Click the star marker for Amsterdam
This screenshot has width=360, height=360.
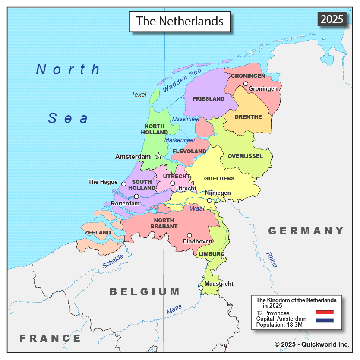tap(158, 156)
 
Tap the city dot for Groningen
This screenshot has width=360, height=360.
tap(246, 84)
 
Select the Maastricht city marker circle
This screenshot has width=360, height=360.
tap(201, 287)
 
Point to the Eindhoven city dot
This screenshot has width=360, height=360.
tap(189, 235)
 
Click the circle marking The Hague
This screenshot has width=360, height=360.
tap(123, 184)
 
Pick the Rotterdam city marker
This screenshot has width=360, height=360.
tap(136, 196)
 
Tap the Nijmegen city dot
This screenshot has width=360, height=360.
tap(209, 200)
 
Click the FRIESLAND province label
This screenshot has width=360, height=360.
tap(208, 99)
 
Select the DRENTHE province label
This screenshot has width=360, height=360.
tap(248, 117)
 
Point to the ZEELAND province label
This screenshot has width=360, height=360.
tap(98, 233)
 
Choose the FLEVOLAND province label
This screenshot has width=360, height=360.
tap(189, 152)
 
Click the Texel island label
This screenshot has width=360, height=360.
tap(139, 95)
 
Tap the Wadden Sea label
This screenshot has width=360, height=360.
tap(182, 80)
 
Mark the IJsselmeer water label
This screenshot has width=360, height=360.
tap(186, 119)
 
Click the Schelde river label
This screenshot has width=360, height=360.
tap(113, 261)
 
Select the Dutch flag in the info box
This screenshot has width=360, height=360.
tap(325, 316)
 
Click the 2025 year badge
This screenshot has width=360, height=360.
tap(332, 19)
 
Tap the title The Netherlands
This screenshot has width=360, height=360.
tap(180, 21)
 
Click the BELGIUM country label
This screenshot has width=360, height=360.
tap(145, 292)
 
